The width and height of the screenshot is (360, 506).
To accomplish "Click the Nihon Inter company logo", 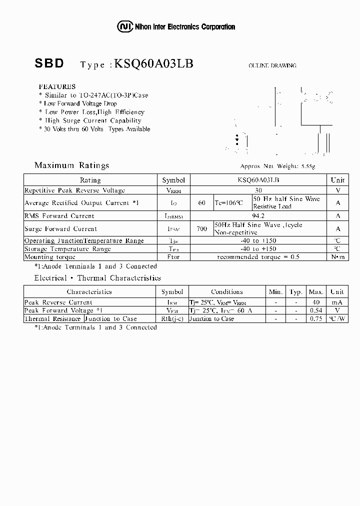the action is coord(123,26).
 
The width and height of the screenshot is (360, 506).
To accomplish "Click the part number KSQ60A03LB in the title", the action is coord(153,63).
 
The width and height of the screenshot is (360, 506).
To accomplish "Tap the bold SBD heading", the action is coord(49,63).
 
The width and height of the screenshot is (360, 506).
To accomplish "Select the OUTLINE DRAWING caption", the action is coord(272,65).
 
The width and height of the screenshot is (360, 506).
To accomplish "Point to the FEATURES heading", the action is coord(57,86).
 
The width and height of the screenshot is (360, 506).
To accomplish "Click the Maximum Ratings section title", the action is coord(71,165).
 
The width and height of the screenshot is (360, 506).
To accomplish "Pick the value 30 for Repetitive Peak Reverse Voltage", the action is coord(258,190).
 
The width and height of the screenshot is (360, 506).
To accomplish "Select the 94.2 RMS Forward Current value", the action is coord(258,216).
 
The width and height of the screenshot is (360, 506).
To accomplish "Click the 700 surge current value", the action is coord(202,228).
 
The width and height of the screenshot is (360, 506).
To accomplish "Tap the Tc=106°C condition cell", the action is coord(228,203).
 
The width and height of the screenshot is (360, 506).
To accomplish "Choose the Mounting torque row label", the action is coord(49,257).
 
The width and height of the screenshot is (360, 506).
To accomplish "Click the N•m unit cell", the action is coord(338,257).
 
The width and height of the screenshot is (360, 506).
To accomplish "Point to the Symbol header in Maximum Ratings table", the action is coord(173,180).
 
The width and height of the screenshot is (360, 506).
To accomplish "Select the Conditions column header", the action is coord(226,291).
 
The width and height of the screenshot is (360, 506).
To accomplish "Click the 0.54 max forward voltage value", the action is coord(316,310).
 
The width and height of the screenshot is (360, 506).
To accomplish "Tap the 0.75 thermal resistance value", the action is coord(316,318).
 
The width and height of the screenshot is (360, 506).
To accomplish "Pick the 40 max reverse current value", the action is coord(316,302).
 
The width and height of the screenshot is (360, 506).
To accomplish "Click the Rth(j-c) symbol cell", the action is coord(172,318).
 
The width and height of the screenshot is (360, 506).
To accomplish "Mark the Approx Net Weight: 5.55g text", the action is coord(277,166).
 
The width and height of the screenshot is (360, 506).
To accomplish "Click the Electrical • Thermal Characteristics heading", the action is coord(97,278).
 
